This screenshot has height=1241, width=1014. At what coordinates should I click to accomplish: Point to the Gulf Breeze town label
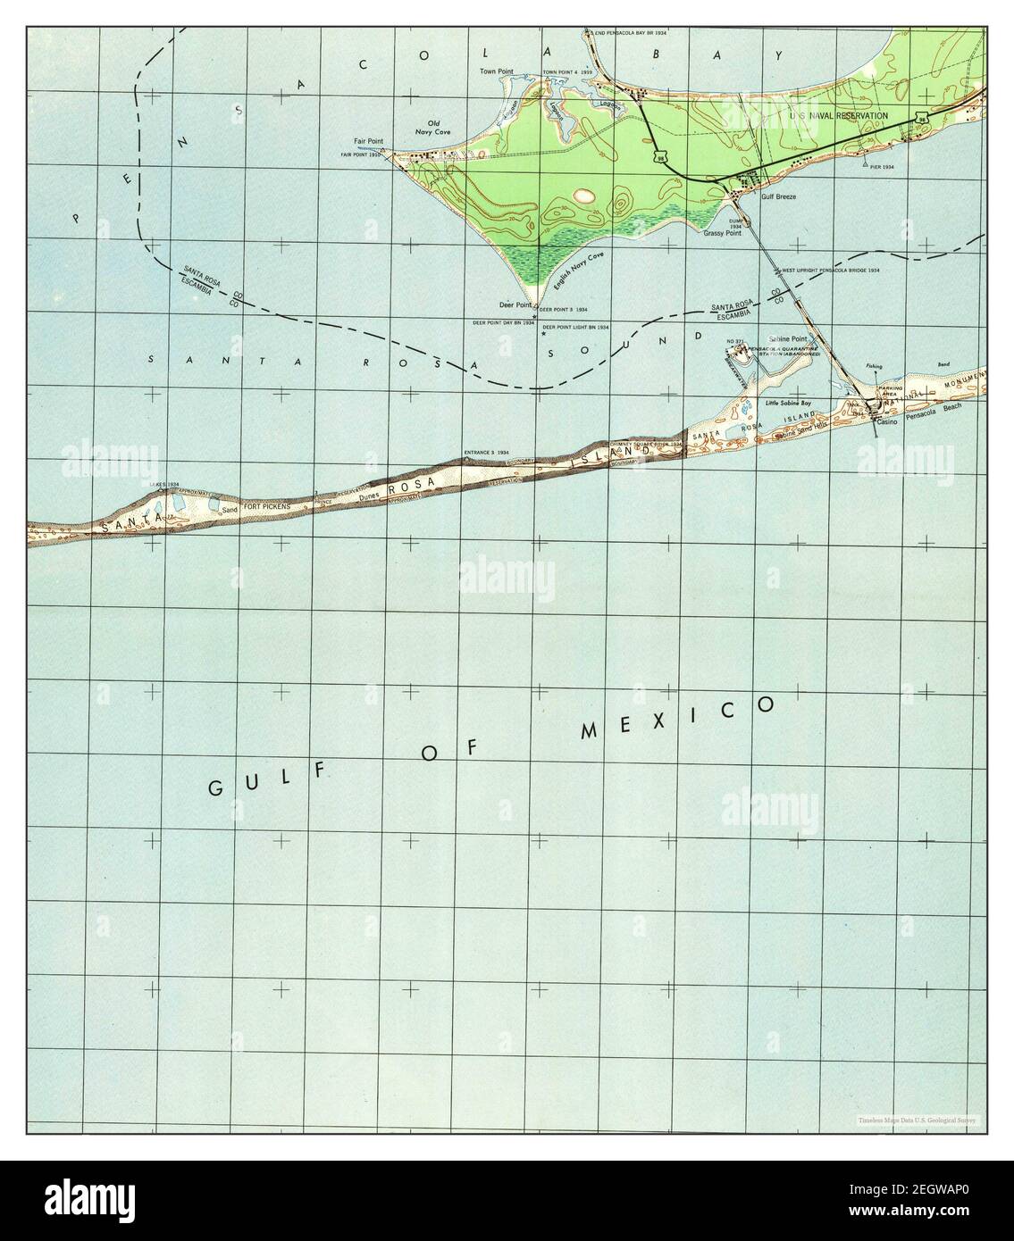[778, 196]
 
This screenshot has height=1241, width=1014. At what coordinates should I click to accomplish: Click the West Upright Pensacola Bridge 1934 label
[831, 270]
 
